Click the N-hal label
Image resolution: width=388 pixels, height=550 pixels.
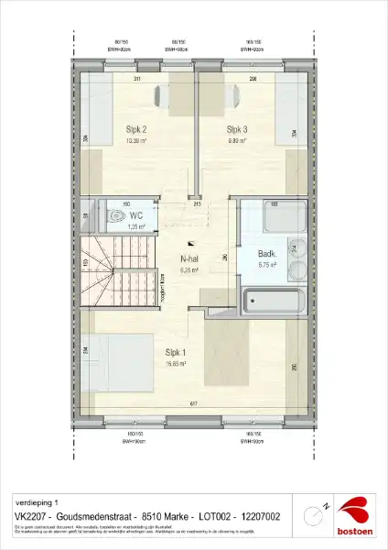(189, 260)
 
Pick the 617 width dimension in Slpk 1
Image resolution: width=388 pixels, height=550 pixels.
(193, 405)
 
